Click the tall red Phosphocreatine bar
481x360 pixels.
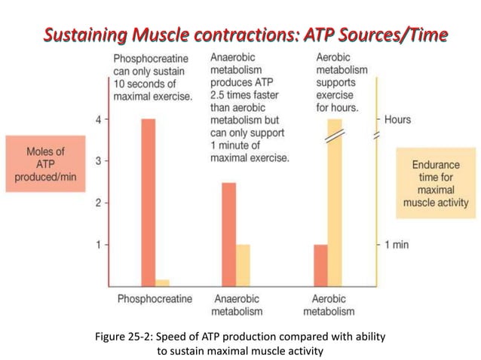click(x=148, y=202)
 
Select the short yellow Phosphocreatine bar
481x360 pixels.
click(x=162, y=282)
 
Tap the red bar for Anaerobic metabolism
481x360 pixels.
click(x=228, y=233)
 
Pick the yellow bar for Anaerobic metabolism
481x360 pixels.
click(x=243, y=265)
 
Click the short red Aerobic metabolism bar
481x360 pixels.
click(x=320, y=265)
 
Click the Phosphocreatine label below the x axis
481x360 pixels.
click(x=155, y=299)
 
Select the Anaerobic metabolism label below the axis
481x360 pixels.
click(x=237, y=305)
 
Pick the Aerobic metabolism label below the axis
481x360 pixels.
click(x=329, y=305)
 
